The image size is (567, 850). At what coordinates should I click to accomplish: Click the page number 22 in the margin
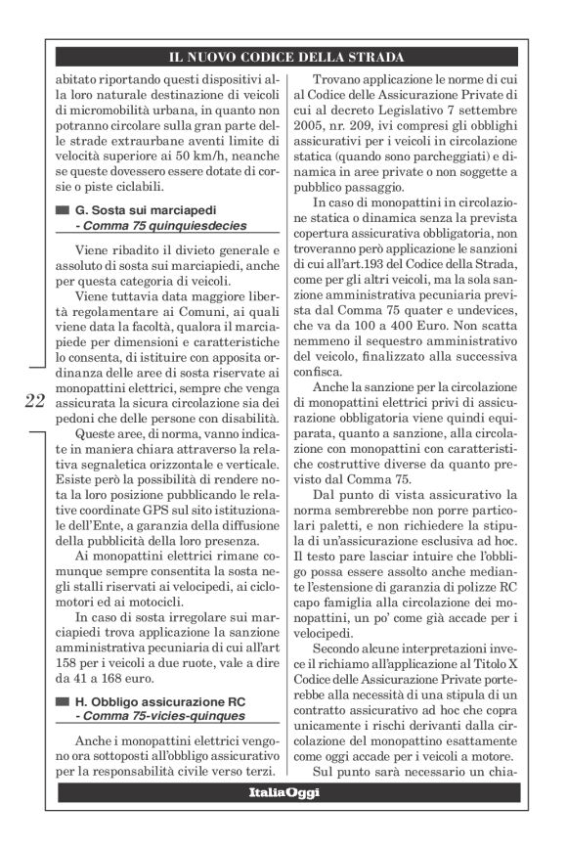[x=34, y=399]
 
